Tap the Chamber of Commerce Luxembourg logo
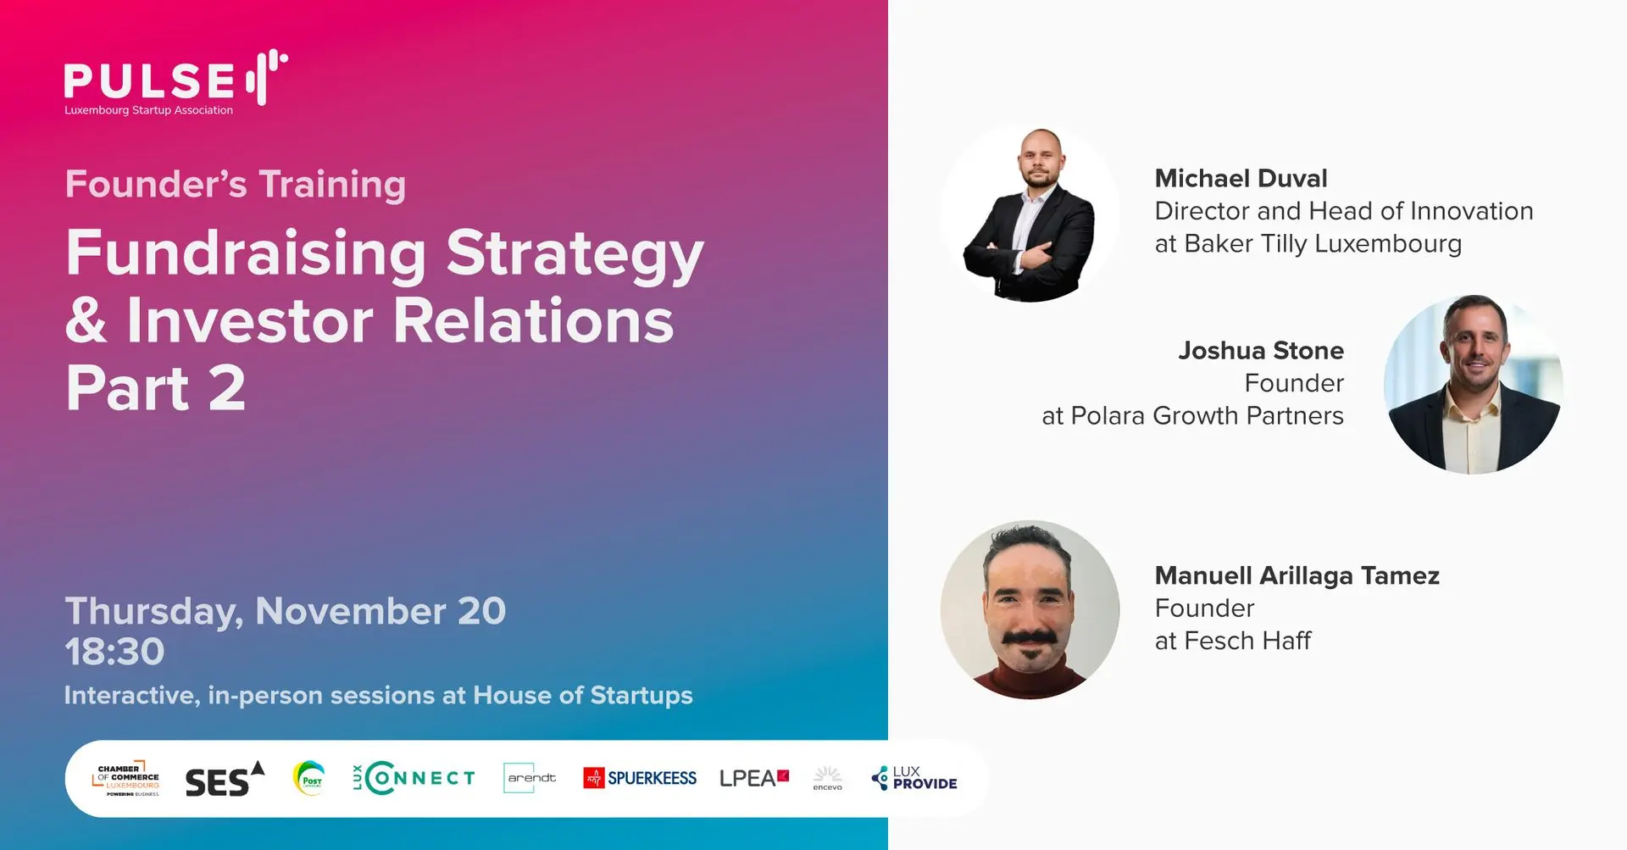[126, 778]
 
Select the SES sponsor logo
[225, 779]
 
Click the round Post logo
[308, 778]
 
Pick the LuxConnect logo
[414, 778]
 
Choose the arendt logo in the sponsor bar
[531, 778]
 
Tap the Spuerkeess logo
[640, 778]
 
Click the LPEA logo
[754, 778]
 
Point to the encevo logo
[827, 779]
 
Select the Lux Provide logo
[914, 778]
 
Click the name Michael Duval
[1241, 179]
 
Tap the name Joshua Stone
[1261, 351]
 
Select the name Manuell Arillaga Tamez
[1297, 576]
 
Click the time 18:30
[114, 652]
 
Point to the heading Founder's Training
[236, 185]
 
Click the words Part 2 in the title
[156, 388]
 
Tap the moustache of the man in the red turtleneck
[1030, 638]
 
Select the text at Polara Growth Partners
[1192, 416]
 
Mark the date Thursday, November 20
[286, 612]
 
